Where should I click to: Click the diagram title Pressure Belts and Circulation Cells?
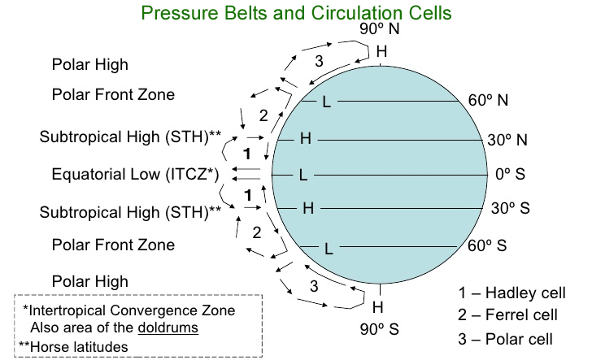click(296, 13)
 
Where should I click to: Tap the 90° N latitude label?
click(379, 28)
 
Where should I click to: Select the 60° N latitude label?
click(488, 100)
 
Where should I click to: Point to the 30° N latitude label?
click(507, 140)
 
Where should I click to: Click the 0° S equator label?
click(510, 174)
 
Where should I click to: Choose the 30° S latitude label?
click(511, 208)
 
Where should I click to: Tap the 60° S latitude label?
click(487, 245)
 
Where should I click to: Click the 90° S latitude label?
click(379, 329)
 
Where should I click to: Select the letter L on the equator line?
click(303, 175)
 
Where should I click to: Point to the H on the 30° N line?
click(306, 138)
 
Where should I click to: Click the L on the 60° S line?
click(329, 249)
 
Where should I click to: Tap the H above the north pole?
click(381, 51)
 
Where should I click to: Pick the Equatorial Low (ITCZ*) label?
click(135, 175)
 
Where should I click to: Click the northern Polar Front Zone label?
click(113, 94)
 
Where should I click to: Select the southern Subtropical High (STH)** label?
click(130, 212)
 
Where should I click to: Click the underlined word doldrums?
click(168, 327)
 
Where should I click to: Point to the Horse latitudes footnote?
click(74, 347)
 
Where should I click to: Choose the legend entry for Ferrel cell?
click(507, 314)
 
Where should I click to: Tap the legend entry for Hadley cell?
click(512, 293)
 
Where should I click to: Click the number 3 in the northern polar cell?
click(319, 61)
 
